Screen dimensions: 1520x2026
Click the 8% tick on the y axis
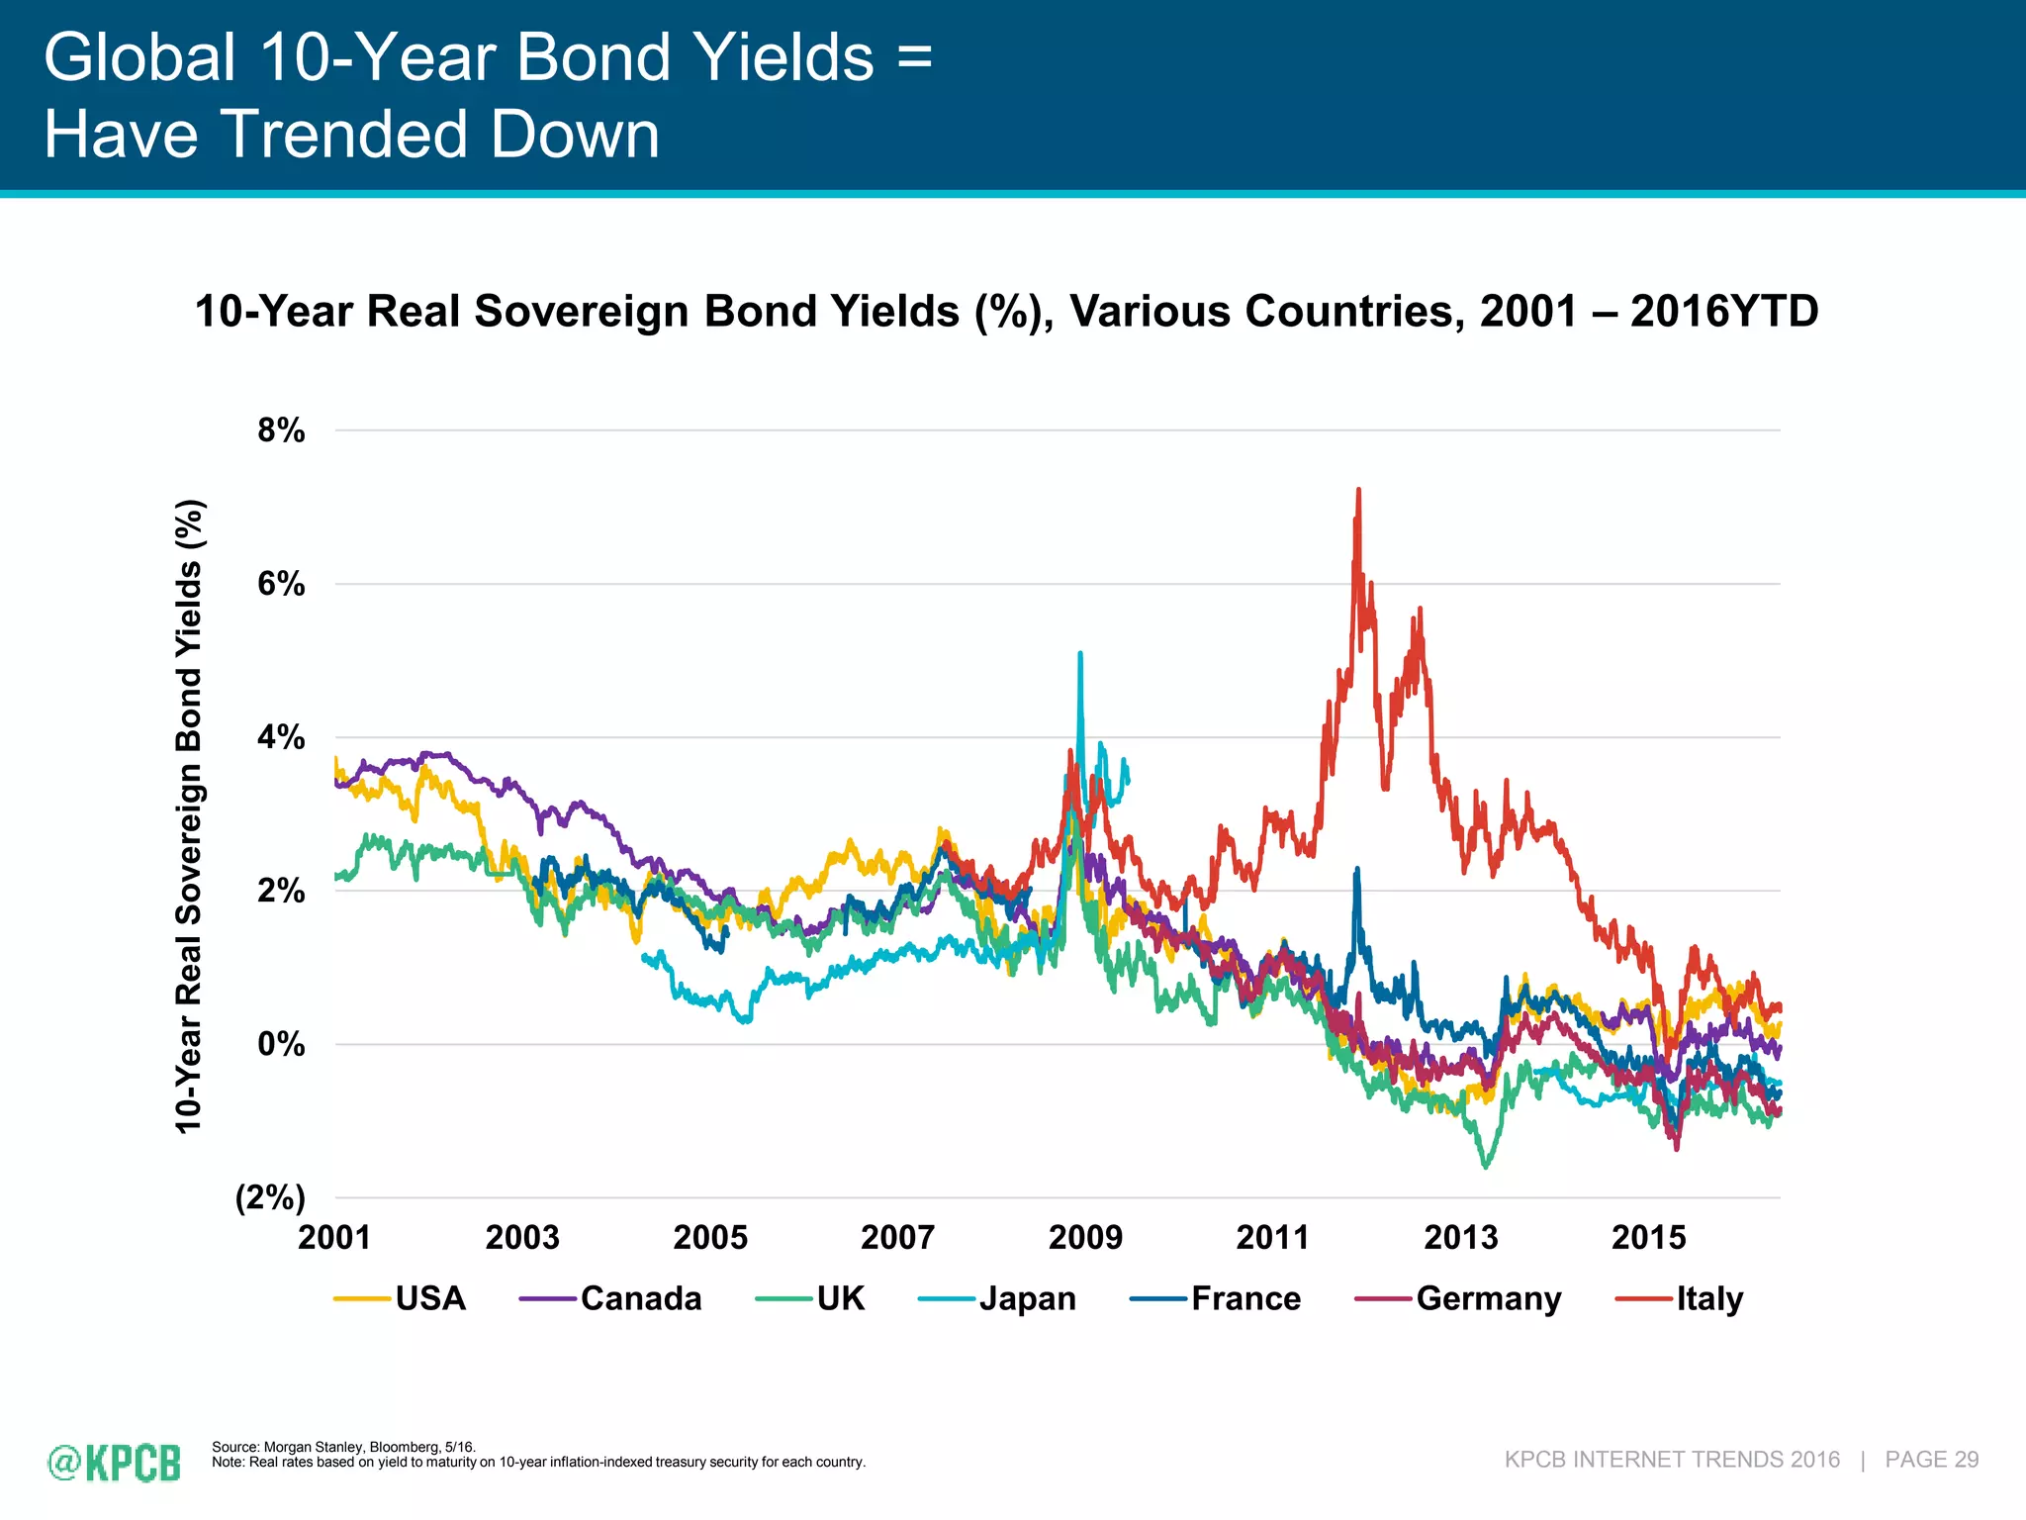pyautogui.click(x=281, y=431)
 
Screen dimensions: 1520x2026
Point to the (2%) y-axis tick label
pyautogui.click(x=270, y=1198)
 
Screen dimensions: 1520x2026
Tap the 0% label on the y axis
pyautogui.click(x=281, y=1045)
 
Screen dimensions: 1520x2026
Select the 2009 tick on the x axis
pyautogui.click(x=1085, y=1237)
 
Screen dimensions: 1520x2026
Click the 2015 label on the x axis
pyautogui.click(x=1648, y=1237)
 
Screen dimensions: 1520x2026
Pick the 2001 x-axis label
pyautogui.click(x=334, y=1237)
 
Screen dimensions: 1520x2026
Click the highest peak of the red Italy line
pyautogui.click(x=1358, y=490)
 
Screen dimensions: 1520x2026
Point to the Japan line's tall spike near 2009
pyautogui.click(x=1080, y=654)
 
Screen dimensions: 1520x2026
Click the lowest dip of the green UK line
pyautogui.click(x=1485, y=1167)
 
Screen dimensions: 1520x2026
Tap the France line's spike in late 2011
pyautogui.click(x=1356, y=870)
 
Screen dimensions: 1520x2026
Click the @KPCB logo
pyautogui.click(x=115, y=1463)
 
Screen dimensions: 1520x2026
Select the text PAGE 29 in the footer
pyautogui.click(x=1931, y=1460)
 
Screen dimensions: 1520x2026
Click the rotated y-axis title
pyautogui.click(x=189, y=816)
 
